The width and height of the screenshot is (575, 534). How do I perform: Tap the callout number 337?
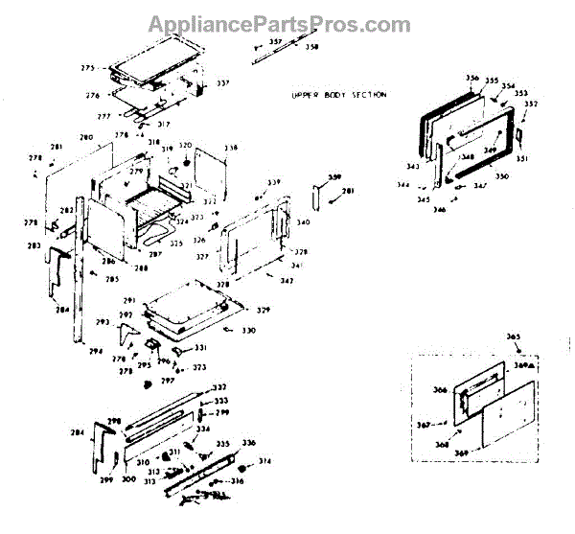tap(222, 83)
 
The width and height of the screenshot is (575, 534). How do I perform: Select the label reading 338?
tap(231, 148)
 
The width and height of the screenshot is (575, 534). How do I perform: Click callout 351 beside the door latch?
tap(522, 159)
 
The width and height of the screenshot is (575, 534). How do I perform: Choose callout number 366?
tap(441, 389)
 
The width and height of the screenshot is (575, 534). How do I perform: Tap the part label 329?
tap(263, 311)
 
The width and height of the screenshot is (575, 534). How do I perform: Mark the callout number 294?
tap(95, 352)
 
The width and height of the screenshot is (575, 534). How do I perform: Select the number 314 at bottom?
tap(265, 461)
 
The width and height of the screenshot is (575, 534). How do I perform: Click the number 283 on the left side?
tap(34, 246)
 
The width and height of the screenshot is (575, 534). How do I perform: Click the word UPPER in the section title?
tap(307, 96)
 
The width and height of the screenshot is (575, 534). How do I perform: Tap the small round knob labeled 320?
tap(186, 156)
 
